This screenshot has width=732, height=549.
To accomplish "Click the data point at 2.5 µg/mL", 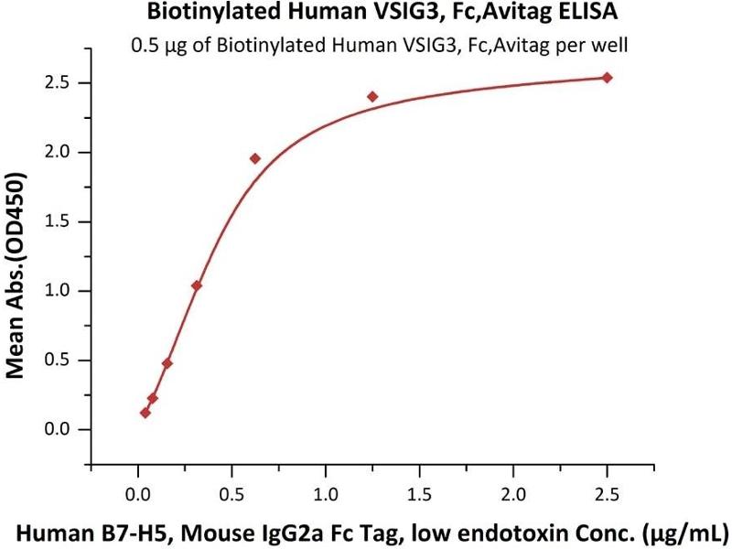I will click(607, 78).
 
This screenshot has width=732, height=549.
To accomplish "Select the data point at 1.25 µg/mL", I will click(372, 96).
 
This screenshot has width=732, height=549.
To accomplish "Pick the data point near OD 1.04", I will click(197, 285).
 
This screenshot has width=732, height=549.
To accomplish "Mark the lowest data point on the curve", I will click(145, 413).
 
